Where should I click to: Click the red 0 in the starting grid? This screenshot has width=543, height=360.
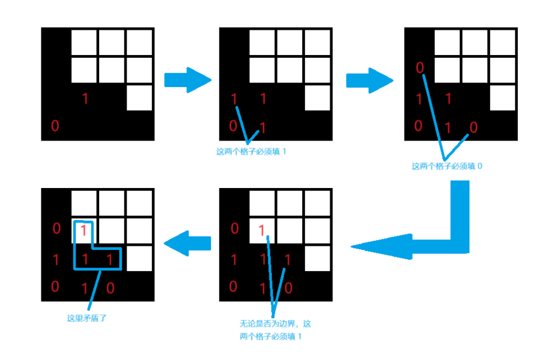[55, 126]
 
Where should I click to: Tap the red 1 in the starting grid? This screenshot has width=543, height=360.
[85, 99]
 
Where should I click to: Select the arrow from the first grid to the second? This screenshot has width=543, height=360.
[187, 80]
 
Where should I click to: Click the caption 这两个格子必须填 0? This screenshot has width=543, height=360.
[447, 166]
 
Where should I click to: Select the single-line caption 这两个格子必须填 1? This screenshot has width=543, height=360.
[250, 152]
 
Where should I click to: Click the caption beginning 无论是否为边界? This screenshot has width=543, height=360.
[275, 324]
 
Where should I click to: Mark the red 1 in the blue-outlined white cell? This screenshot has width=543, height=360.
[84, 231]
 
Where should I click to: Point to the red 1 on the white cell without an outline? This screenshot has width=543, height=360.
[262, 231]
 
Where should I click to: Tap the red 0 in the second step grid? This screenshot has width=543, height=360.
[233, 126]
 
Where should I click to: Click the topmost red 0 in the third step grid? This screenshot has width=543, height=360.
[420, 68]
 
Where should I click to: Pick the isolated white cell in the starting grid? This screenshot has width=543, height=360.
[139, 97]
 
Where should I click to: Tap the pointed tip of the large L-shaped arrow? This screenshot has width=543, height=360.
[354, 247]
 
